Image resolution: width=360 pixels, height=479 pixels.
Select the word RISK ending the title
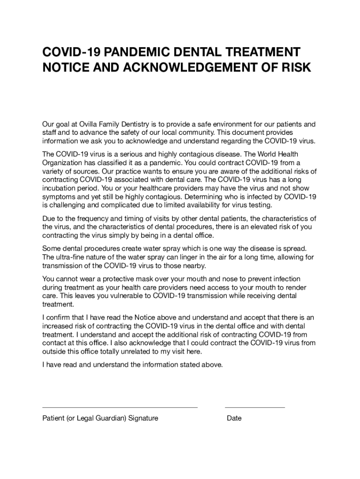click(295, 67)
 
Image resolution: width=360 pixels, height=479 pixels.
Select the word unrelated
click(128, 352)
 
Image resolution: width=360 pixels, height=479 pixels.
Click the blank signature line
click(120, 407)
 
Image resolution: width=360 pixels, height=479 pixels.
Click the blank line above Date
click(255, 407)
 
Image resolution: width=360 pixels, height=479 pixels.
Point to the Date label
click(234, 418)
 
